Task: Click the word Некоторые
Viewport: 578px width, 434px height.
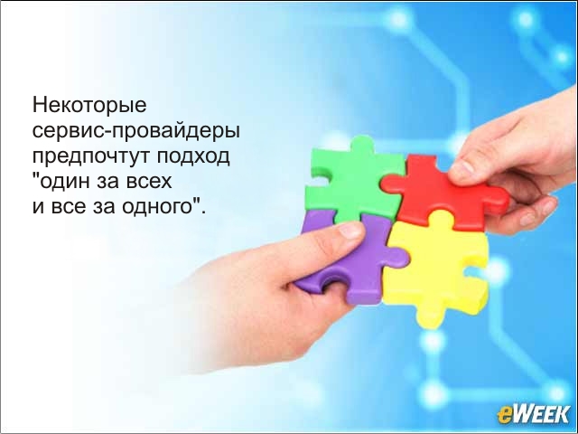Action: click(x=89, y=106)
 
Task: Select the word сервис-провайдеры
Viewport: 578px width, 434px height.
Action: click(x=136, y=132)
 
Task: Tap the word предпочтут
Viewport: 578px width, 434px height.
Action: click(x=91, y=156)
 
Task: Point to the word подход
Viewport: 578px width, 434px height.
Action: click(x=193, y=156)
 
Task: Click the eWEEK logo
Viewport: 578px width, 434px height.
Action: click(x=533, y=414)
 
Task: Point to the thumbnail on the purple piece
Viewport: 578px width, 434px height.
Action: click(x=351, y=231)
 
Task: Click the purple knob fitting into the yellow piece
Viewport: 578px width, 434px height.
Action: click(x=397, y=257)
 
